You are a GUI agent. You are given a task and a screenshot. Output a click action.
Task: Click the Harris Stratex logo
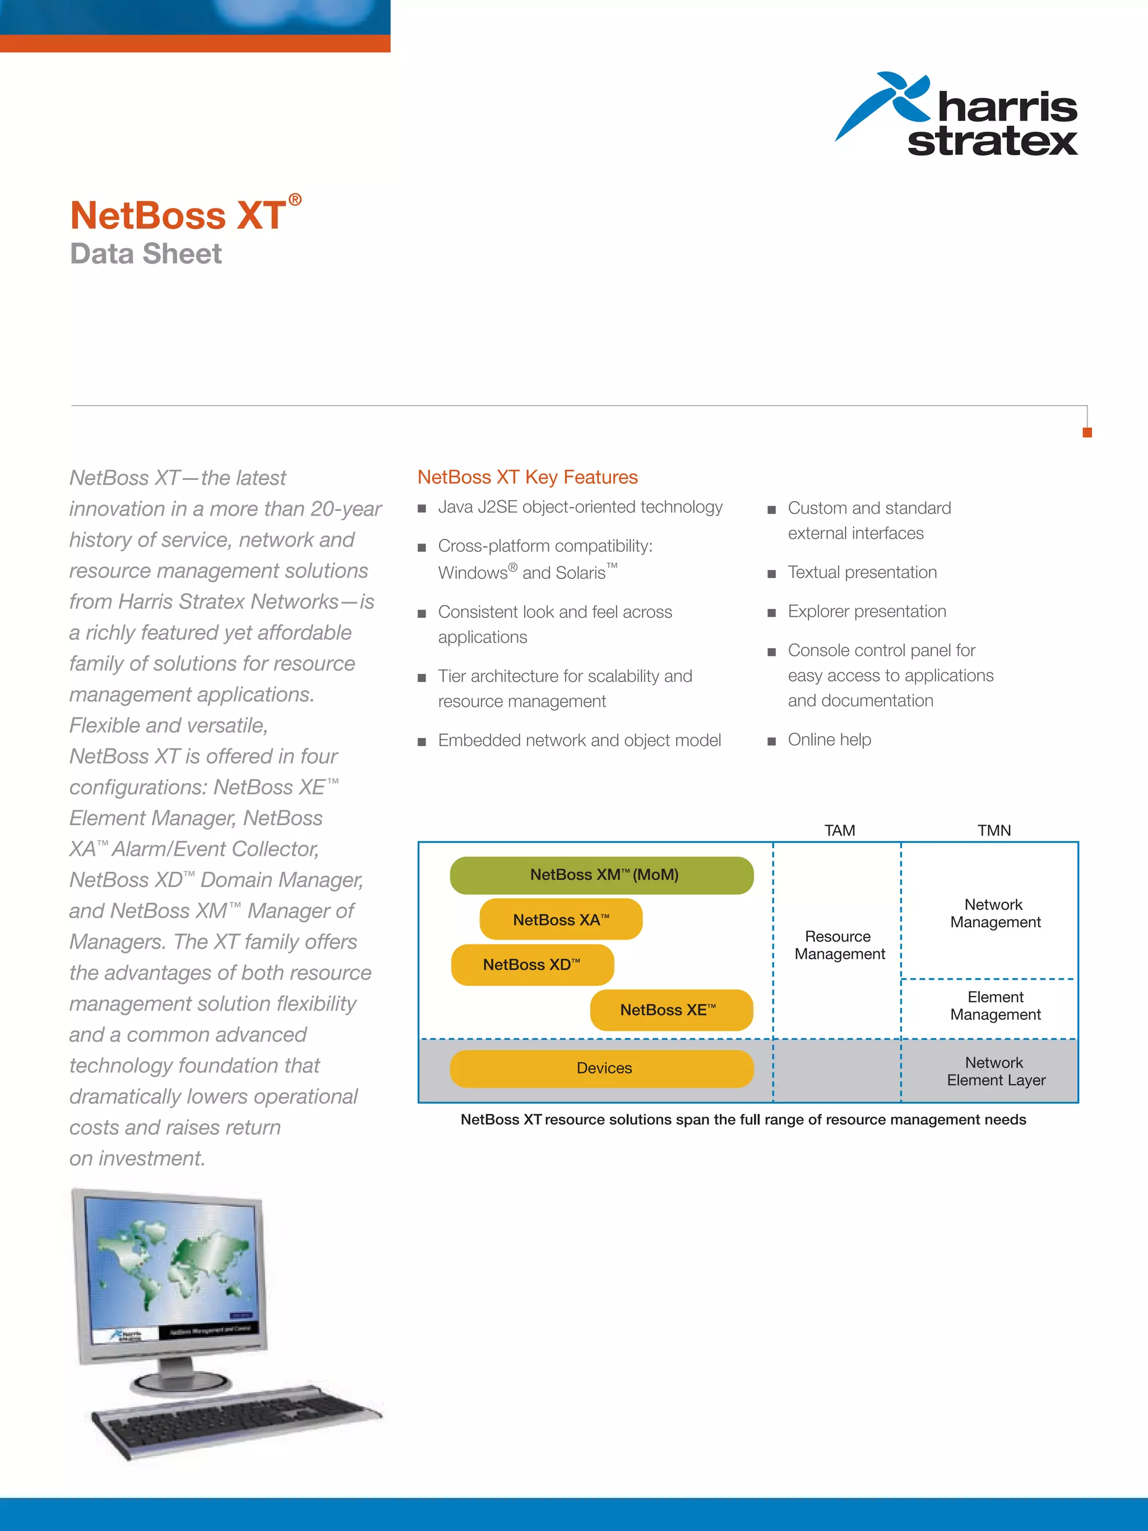tap(957, 115)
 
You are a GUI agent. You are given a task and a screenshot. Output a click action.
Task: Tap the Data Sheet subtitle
tap(145, 254)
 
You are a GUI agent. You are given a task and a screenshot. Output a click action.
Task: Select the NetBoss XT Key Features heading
tap(527, 477)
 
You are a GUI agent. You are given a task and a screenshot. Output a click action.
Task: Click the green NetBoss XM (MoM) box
tap(601, 875)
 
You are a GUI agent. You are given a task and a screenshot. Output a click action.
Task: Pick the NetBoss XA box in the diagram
tap(561, 919)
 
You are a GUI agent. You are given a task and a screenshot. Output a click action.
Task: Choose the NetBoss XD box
tap(531, 964)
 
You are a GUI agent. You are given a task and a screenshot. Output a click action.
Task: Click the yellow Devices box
tap(601, 1068)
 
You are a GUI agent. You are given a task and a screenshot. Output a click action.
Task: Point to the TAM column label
tap(839, 830)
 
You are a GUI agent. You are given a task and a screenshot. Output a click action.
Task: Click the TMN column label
tap(994, 830)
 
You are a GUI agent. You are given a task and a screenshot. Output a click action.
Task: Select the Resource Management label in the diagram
tap(839, 945)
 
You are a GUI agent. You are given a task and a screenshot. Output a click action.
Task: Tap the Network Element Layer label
tap(995, 1071)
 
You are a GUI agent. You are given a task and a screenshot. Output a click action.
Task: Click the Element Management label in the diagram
tap(995, 1005)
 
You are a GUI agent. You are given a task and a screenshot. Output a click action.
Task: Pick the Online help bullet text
tap(829, 739)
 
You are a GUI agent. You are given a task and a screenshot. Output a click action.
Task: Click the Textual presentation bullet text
tap(862, 572)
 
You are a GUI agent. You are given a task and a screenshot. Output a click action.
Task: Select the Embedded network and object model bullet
tap(579, 740)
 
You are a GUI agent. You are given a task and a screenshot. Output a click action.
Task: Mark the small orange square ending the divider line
tap(1087, 433)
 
